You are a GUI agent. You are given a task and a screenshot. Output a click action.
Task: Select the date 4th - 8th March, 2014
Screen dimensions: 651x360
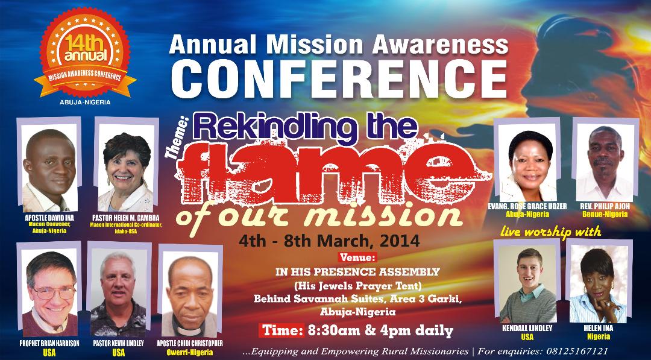point(329,241)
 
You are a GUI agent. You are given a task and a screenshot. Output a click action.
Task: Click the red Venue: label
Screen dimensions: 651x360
point(357,257)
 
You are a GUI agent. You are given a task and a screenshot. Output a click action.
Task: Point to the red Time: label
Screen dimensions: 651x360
point(282,330)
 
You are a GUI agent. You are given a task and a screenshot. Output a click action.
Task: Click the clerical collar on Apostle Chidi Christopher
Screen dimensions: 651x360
point(190,331)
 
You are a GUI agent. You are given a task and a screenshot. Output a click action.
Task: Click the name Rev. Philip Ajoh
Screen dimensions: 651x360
point(605,206)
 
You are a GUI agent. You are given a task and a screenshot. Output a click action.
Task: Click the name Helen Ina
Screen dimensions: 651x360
point(599,328)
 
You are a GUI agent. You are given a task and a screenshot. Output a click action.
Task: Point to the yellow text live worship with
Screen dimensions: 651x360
point(550,232)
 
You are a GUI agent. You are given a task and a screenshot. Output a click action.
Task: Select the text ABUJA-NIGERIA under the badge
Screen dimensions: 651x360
point(85,102)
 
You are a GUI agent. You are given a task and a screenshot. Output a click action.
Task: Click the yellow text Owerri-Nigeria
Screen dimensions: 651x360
point(190,353)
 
